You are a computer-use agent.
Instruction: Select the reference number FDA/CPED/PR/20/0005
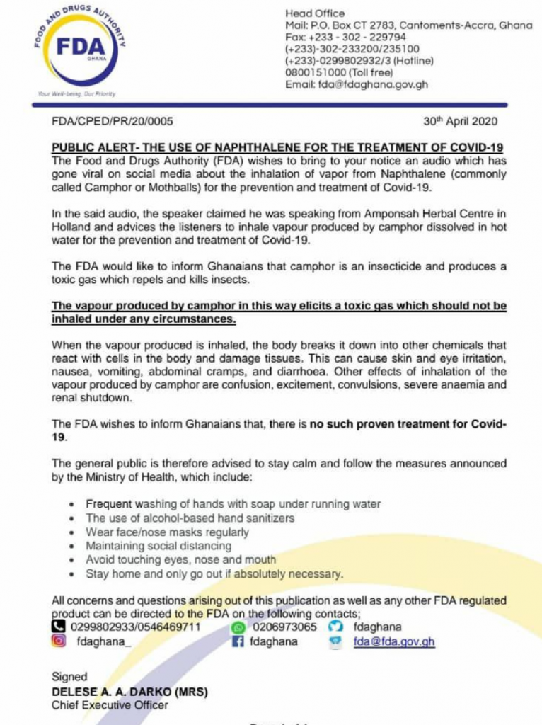(x=113, y=121)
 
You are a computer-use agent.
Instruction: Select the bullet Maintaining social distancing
(x=158, y=546)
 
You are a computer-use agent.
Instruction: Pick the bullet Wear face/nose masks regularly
(x=168, y=532)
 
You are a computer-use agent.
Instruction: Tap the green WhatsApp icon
(x=238, y=627)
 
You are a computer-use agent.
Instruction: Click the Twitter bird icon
(x=336, y=627)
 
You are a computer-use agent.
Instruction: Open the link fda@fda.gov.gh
(x=394, y=641)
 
